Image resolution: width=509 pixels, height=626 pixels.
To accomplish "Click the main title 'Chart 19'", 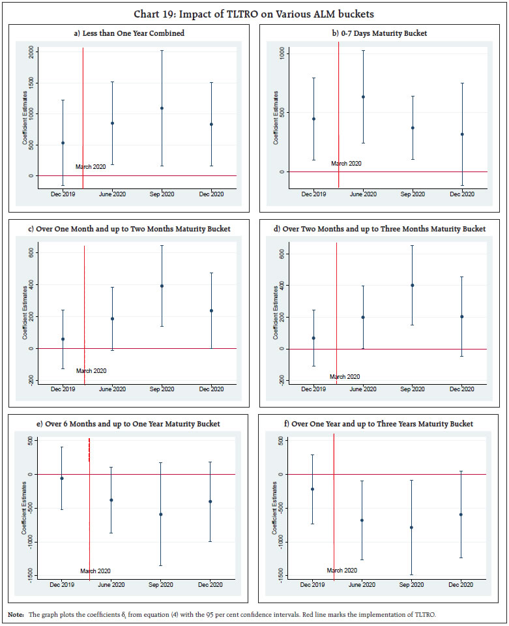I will click(254, 14).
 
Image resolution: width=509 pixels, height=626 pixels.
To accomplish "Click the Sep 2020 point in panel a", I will click(162, 108).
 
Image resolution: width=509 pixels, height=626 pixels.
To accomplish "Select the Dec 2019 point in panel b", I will click(313, 119).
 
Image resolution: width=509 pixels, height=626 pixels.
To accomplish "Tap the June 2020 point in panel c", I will click(112, 319).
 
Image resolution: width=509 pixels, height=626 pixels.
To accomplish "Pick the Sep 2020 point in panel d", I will click(412, 285).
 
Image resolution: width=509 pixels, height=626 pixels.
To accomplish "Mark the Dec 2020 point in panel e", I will click(211, 501).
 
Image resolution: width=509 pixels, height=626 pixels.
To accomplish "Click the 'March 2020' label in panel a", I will click(91, 167).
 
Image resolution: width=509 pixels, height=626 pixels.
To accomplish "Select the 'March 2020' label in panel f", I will click(342, 570).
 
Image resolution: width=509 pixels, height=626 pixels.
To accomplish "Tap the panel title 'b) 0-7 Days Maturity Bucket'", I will click(379, 33).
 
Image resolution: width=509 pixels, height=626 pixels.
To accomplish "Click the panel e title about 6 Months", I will click(128, 424).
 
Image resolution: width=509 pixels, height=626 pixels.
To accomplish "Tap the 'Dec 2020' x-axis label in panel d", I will click(461, 389).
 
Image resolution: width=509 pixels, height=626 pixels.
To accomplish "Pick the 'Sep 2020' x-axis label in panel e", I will click(161, 584).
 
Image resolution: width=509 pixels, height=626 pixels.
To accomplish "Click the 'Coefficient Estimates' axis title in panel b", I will click(276, 117).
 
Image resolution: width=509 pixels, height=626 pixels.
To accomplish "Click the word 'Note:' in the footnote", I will click(16, 615).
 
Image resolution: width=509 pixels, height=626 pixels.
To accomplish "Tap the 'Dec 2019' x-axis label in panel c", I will click(63, 389).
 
